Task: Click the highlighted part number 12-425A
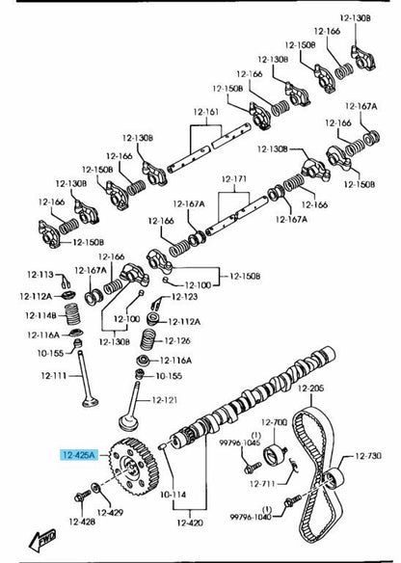(79, 455)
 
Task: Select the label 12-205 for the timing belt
(311, 389)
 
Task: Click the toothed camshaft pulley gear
(134, 467)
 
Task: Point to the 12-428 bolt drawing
(82, 496)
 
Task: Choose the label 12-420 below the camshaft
(190, 523)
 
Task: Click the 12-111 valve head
(90, 401)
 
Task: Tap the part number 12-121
(165, 400)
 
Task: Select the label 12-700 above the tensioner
(274, 422)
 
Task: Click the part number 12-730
(368, 456)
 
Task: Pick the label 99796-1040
(251, 517)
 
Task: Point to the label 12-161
(205, 112)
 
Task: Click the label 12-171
(234, 178)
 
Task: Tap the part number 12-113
(40, 275)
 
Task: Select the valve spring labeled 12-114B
(72, 314)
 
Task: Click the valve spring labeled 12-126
(147, 339)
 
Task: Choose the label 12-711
(262, 484)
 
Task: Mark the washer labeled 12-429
(96, 488)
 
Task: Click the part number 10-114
(174, 495)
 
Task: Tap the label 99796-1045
(240, 442)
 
